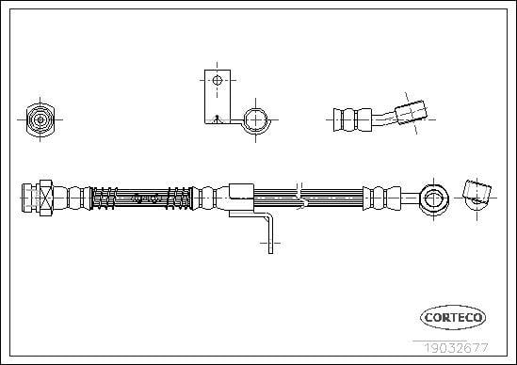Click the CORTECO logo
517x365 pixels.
click(453, 317)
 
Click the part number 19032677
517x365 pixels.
click(456, 348)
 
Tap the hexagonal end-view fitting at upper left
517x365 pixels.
click(40, 119)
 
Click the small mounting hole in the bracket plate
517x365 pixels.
click(217, 80)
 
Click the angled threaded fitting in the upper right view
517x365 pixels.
click(412, 113)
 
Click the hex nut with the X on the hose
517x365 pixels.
click(46, 198)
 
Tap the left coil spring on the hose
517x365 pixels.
click(104, 198)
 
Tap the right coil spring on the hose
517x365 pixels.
click(179, 198)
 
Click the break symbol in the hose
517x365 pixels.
click(300, 197)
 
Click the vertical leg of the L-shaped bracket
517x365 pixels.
click(270, 234)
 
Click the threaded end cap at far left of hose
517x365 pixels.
click(30, 198)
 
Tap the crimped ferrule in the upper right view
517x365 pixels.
click(352, 119)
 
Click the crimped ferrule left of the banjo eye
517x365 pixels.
click(381, 198)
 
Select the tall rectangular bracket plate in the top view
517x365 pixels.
click(218, 97)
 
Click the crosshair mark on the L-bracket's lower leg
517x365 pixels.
click(270, 244)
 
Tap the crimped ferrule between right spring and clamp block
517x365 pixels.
click(208, 198)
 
